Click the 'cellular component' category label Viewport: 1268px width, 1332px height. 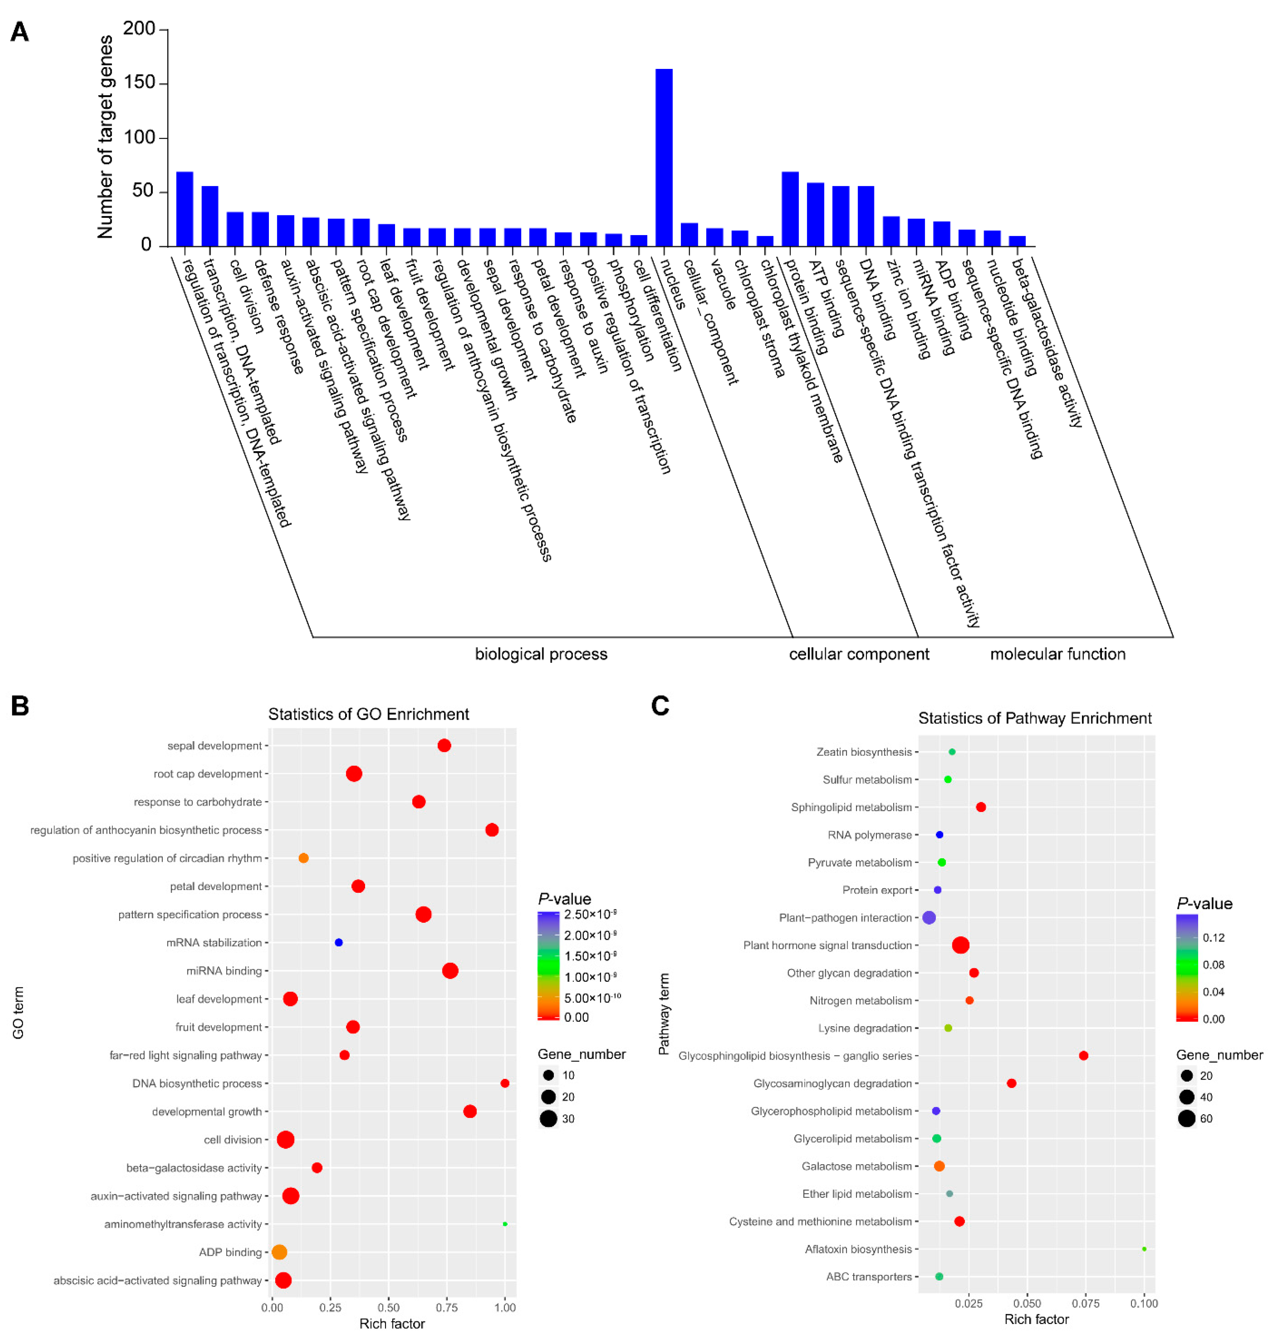(858, 654)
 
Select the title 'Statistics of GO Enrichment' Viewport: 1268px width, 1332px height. (368, 714)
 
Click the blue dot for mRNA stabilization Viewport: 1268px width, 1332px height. (338, 942)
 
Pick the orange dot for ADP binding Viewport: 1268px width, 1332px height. (279, 1251)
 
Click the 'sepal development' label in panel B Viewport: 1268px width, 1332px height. (214, 745)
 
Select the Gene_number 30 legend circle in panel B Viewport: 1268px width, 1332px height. (548, 1118)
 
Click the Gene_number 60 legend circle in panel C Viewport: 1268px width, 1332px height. (1186, 1118)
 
